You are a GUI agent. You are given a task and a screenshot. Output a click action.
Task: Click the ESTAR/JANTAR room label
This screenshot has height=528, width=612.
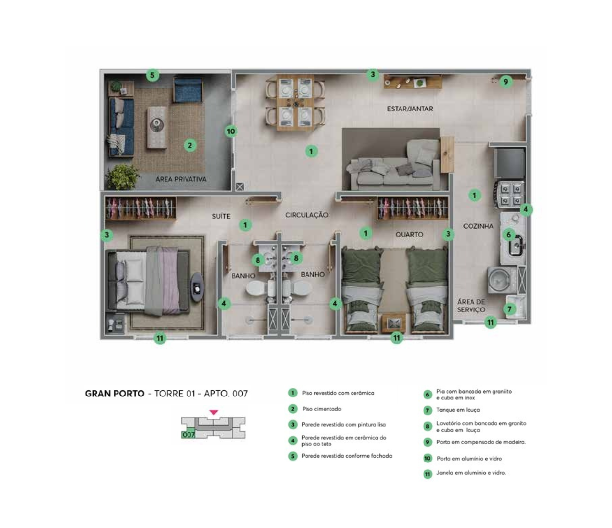pyautogui.click(x=410, y=109)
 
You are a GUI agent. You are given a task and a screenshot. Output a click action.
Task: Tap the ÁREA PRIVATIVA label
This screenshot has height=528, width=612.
pyautogui.click(x=181, y=179)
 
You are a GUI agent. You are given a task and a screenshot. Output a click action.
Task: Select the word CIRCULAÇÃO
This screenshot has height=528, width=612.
pyautogui.click(x=306, y=215)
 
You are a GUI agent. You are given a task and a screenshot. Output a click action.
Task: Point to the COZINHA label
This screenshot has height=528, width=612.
pyautogui.click(x=478, y=226)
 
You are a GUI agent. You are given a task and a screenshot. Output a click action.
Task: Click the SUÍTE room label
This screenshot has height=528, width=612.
pyautogui.click(x=221, y=216)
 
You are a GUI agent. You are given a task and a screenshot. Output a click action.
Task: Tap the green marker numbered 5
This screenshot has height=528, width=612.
pyautogui.click(x=152, y=75)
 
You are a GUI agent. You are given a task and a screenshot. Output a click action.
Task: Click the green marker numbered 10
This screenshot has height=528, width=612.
pyautogui.click(x=231, y=131)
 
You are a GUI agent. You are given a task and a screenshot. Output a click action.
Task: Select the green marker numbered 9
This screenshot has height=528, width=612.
pyautogui.click(x=506, y=82)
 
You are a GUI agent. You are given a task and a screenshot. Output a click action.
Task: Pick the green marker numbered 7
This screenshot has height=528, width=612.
pyautogui.click(x=509, y=309)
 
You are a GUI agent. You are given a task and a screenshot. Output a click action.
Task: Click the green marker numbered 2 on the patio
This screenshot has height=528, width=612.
pyautogui.click(x=190, y=145)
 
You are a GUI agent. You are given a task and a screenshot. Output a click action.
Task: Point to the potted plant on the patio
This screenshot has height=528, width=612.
pyautogui.click(x=121, y=177)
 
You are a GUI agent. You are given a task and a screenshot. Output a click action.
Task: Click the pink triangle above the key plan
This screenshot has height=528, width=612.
pyautogui.click(x=213, y=412)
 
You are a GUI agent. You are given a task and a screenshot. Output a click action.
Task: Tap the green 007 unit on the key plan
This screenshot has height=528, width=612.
pyautogui.click(x=188, y=433)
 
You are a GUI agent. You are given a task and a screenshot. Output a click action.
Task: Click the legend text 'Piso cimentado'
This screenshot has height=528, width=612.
pyautogui.click(x=322, y=409)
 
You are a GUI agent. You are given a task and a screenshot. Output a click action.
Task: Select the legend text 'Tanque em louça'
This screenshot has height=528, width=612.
pyautogui.click(x=458, y=410)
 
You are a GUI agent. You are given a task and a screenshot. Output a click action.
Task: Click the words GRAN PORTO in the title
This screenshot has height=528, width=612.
pyautogui.click(x=115, y=394)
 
